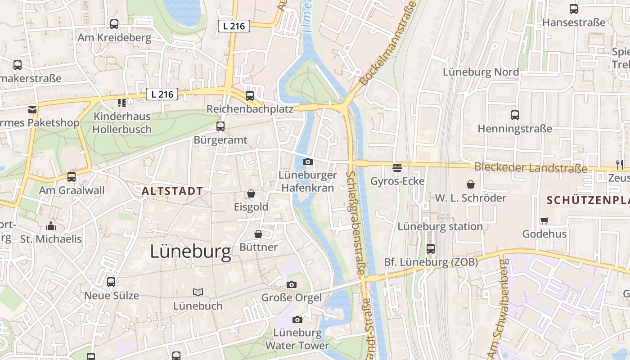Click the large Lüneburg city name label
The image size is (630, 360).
pyautogui.click(x=190, y=252)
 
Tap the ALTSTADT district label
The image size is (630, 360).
pyautogui.click(x=172, y=191)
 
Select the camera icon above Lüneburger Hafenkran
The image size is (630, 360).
pyautogui.click(x=308, y=162)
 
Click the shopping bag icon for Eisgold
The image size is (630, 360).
pyautogui.click(x=251, y=193)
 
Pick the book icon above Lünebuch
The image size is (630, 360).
pyautogui.click(x=198, y=292)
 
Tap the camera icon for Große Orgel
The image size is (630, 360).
pyautogui.click(x=292, y=284)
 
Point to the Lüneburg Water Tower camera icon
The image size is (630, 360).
pyautogui.click(x=297, y=319)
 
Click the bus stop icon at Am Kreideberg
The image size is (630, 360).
pyautogui.click(x=114, y=24)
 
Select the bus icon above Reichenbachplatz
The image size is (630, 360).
pyautogui.click(x=250, y=96)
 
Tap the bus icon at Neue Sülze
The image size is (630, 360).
pyautogui.click(x=111, y=282)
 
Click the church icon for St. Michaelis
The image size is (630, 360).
pyautogui.click(x=51, y=225)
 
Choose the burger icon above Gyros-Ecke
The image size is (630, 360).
pyautogui.click(x=397, y=168)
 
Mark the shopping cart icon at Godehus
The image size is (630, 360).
pyautogui.click(x=544, y=220)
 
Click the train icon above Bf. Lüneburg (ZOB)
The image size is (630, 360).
pyautogui.click(x=431, y=249)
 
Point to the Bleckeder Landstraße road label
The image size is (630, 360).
pyautogui.click(x=531, y=168)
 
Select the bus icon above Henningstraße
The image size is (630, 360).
pyautogui.click(x=515, y=115)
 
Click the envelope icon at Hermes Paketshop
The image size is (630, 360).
pyautogui.click(x=32, y=109)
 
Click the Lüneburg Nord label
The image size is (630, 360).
pyautogui.click(x=481, y=72)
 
